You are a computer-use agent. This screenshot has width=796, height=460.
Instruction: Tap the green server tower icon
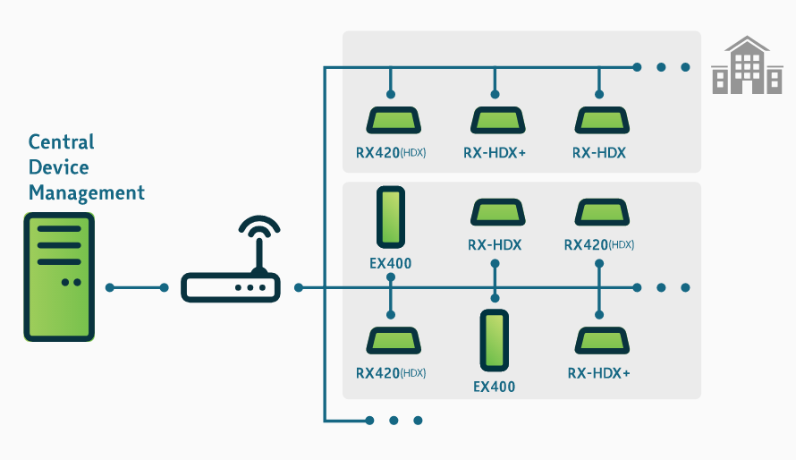point(59,277)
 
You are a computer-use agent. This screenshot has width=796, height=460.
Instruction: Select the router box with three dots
point(231,288)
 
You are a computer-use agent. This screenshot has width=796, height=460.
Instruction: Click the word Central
point(61,141)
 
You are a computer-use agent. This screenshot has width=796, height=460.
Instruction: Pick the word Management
point(86,192)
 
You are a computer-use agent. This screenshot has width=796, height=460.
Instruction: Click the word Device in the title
point(58,167)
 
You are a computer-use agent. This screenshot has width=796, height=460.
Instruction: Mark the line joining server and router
point(137,287)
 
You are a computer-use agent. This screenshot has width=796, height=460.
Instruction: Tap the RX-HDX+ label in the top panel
point(495,153)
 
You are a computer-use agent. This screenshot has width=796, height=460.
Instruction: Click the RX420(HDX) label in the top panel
point(391,153)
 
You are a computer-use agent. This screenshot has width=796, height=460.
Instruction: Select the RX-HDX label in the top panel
point(599,153)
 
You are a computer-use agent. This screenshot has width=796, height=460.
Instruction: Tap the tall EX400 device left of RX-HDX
point(390,217)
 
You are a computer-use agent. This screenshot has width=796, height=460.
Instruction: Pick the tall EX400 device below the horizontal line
point(495,340)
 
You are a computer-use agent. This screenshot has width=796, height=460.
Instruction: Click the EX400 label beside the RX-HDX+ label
point(495,388)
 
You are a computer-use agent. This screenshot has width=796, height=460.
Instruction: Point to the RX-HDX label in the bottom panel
point(495,244)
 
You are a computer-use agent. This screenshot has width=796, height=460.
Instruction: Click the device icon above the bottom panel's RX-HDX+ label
point(599,341)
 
